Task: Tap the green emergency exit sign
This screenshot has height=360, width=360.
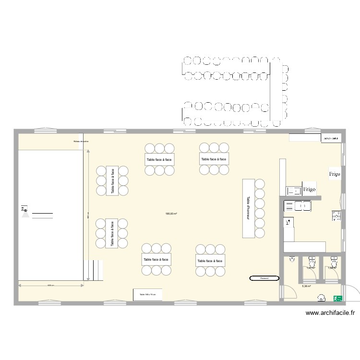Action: pos(338,298)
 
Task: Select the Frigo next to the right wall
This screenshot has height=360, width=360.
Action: pos(335,174)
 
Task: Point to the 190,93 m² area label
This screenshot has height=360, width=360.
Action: pos(171,214)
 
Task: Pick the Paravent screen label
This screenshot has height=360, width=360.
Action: pos(264,278)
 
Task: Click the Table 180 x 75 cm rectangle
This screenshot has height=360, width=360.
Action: pos(147,294)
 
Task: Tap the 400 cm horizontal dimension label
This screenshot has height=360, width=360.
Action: pos(51,286)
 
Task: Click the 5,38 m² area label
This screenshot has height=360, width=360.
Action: pos(306,287)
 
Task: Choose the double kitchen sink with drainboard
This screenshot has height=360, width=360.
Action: pos(298,206)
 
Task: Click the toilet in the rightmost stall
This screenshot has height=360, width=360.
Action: pos(334,262)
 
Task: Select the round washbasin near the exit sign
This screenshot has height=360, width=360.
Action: pos(321,298)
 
